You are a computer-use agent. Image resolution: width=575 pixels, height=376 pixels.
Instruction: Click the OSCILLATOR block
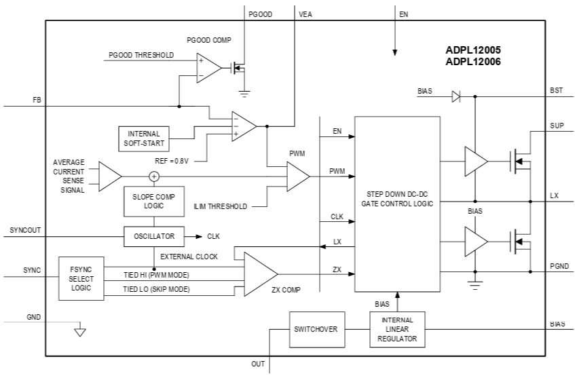tap(154, 236)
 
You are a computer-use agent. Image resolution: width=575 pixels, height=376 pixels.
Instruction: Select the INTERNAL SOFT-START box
tap(143, 138)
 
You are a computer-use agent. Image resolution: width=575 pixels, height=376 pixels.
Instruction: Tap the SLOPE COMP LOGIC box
tap(153, 201)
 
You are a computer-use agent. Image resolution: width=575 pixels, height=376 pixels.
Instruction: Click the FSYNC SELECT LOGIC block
tap(81, 278)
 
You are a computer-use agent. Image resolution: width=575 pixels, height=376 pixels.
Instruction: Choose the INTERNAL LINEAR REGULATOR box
tap(397, 329)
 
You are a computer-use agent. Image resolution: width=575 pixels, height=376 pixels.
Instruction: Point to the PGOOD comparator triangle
tap(208, 68)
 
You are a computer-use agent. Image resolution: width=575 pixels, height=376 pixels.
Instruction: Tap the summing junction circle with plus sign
tap(154, 176)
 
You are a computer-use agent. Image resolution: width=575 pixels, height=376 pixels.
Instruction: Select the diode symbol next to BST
tap(456, 96)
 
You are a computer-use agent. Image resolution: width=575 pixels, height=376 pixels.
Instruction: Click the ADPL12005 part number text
tap(473, 50)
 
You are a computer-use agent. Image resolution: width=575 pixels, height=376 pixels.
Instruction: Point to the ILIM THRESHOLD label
tap(221, 206)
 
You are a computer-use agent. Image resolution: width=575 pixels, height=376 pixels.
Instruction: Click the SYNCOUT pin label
tap(26, 230)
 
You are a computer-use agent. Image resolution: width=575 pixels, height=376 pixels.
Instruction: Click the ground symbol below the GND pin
tap(79, 332)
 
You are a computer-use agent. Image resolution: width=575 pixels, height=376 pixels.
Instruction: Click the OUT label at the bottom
tap(258, 364)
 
